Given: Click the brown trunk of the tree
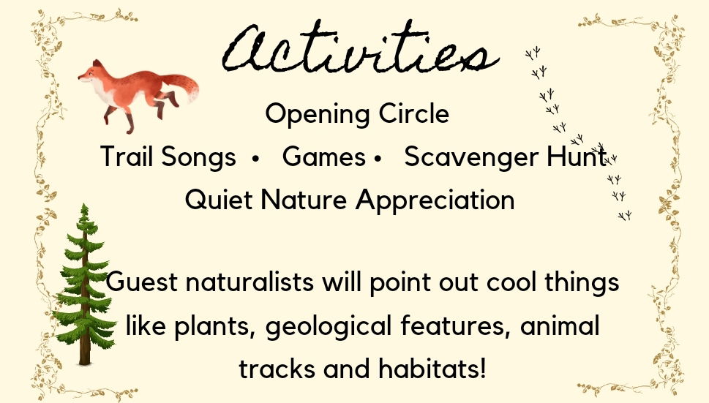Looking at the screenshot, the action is (85, 343).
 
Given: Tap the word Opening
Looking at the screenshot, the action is (318, 114).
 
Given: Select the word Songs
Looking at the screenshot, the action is (198, 157).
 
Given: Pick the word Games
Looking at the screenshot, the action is (323, 157).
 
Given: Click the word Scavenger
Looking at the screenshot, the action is (472, 157).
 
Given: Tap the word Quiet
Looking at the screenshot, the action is (218, 200).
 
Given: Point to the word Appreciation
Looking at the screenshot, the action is (435, 200).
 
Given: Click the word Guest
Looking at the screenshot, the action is (141, 282).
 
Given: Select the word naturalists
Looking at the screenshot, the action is (250, 281).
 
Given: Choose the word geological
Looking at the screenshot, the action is (328, 327).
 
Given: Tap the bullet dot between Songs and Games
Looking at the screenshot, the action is (256, 159).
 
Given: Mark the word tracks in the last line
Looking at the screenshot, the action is (277, 369).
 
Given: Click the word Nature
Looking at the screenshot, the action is (304, 200).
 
